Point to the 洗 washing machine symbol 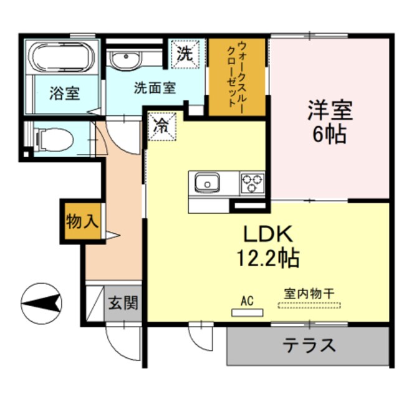(185, 53)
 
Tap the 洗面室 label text (155, 89)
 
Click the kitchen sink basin (206, 183)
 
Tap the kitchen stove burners (252, 183)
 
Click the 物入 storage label (81, 221)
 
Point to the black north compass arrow (42, 304)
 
